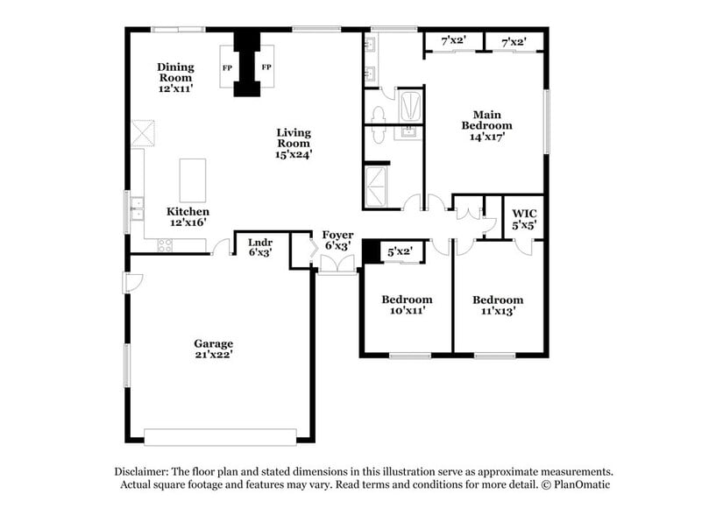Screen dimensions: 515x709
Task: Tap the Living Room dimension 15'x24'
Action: (294, 154)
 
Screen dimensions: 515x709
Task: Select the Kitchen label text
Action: (188, 212)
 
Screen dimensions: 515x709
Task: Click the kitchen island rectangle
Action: (193, 180)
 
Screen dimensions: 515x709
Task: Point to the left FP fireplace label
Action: (227, 68)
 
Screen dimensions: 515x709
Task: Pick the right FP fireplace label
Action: (266, 68)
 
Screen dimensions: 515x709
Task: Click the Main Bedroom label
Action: (487, 120)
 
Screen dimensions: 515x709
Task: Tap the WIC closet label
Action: (524, 213)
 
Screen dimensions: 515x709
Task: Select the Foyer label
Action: (337, 235)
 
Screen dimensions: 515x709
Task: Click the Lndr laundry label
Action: (259, 242)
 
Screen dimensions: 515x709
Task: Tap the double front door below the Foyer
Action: (337, 266)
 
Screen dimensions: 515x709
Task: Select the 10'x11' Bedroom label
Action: (407, 306)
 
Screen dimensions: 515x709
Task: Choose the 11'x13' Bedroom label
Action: (498, 306)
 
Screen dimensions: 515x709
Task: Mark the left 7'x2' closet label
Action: (452, 40)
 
